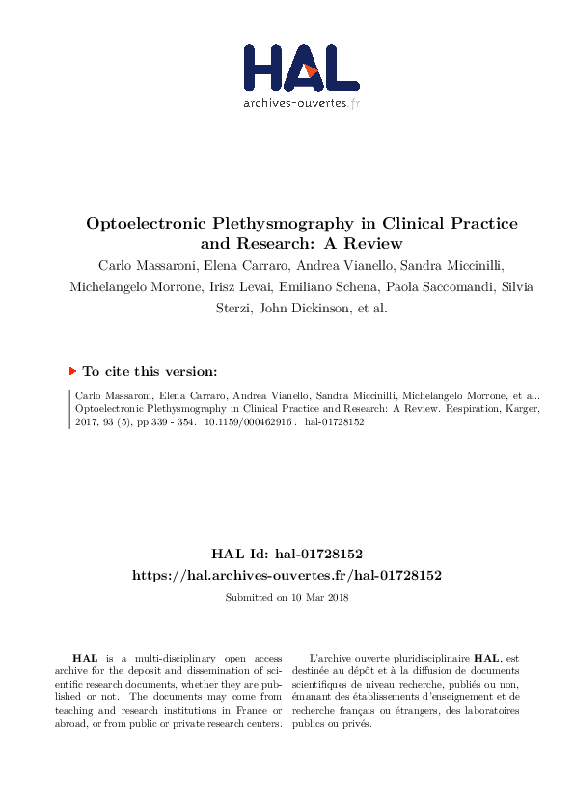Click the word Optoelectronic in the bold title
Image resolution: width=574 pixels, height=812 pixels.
pos(144,223)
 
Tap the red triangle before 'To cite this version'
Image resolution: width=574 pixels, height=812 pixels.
pos(72,370)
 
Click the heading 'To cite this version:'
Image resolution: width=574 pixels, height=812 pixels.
pos(150,371)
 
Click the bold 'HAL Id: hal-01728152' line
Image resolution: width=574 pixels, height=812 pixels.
pos(287,554)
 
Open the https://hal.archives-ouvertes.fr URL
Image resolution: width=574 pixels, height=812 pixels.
pos(287,575)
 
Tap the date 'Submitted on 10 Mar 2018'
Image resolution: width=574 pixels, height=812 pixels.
pos(287,597)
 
